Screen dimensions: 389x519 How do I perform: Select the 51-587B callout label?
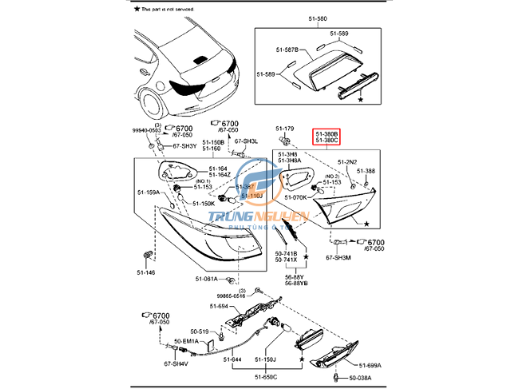[286, 50]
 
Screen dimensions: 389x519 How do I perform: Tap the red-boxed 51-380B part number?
[327, 134]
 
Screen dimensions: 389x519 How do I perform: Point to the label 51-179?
[285, 128]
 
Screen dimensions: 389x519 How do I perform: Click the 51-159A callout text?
[148, 193]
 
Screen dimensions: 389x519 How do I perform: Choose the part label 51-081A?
[208, 278]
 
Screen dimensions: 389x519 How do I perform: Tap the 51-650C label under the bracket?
[267, 376]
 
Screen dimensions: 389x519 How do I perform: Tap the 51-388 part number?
[366, 171]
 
